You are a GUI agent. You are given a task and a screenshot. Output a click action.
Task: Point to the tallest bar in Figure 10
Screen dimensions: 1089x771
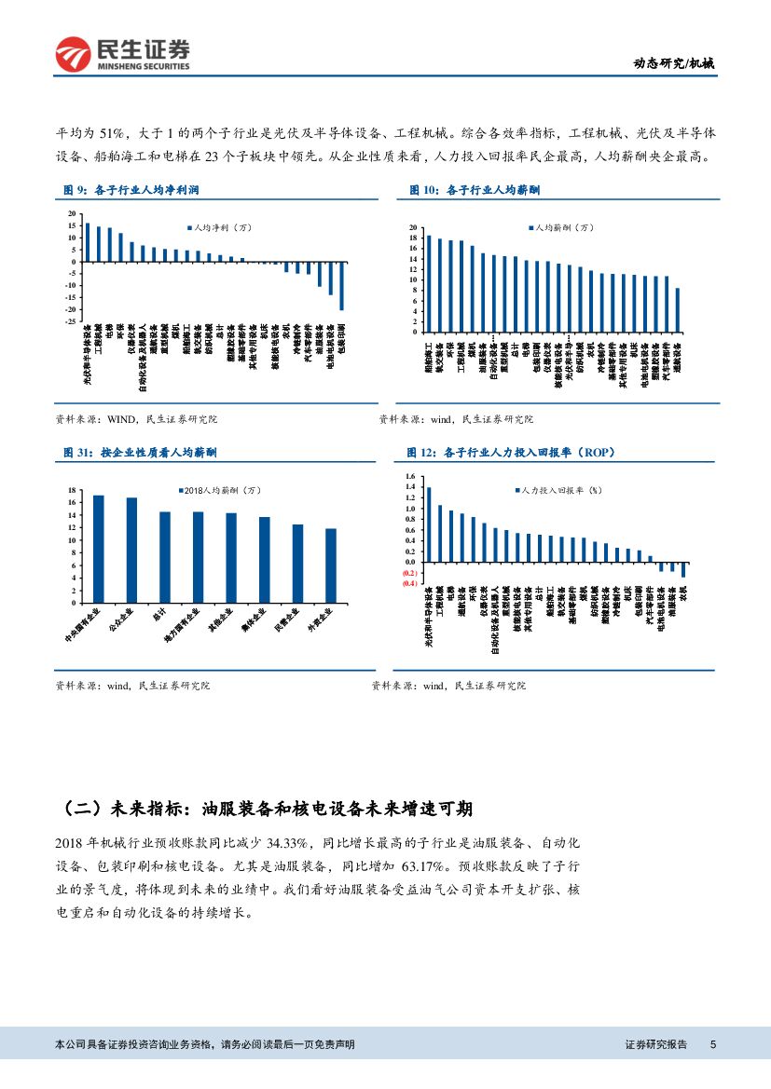click(x=429, y=283)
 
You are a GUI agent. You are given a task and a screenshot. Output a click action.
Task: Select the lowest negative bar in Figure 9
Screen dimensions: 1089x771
click(x=341, y=286)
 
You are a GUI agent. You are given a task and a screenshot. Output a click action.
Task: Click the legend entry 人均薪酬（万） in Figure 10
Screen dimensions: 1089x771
click(x=562, y=228)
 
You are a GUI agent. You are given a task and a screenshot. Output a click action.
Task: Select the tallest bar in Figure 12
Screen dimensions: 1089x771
click(x=429, y=524)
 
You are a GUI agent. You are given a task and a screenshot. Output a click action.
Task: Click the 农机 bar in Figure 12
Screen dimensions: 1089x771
click(x=683, y=569)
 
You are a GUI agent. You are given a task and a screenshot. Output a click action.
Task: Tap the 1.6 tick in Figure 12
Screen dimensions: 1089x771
click(x=408, y=476)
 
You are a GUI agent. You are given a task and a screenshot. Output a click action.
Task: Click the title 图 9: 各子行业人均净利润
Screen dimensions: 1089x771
click(x=131, y=190)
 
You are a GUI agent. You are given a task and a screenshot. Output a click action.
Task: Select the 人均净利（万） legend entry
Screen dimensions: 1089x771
click(x=221, y=227)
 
